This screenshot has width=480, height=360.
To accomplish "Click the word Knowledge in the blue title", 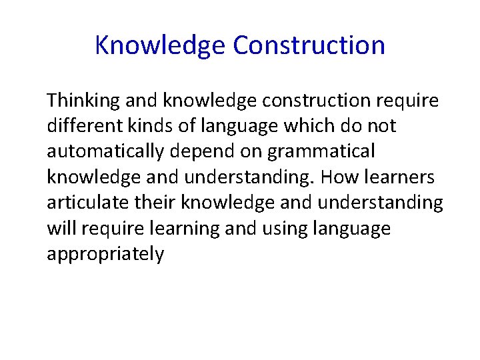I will pyautogui.click(x=160, y=45).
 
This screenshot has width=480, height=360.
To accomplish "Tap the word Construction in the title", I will pyautogui.click(x=309, y=45).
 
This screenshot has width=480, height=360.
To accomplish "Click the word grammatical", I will pyautogui.click(x=321, y=152).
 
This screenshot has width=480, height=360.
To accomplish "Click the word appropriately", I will pyautogui.click(x=105, y=254).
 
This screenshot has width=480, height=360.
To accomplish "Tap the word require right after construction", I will pyautogui.click(x=407, y=101).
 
